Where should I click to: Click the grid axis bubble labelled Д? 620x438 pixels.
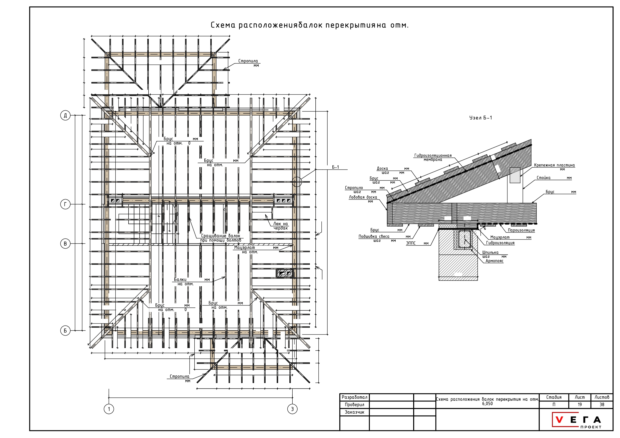65,115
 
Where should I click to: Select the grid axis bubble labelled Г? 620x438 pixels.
65,204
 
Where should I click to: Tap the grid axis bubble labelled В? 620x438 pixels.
65,244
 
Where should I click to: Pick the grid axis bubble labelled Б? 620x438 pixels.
65,330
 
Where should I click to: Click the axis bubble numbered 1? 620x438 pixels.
109,409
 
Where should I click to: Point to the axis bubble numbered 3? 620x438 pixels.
292,409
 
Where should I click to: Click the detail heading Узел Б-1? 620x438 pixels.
480,118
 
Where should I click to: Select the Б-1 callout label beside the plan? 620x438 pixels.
335,167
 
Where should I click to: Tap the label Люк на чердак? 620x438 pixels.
281,226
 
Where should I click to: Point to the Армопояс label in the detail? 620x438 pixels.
494,261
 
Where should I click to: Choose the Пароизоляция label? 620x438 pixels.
521,230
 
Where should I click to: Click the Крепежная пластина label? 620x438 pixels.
554,165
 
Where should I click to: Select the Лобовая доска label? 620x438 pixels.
363,197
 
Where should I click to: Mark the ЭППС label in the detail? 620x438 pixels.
411,243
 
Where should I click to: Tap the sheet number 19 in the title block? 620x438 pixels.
579,404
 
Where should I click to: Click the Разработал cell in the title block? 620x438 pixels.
354,397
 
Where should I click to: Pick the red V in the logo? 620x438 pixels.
559,420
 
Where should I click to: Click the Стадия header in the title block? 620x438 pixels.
554,397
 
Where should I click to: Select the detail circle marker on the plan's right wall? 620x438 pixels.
297,182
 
